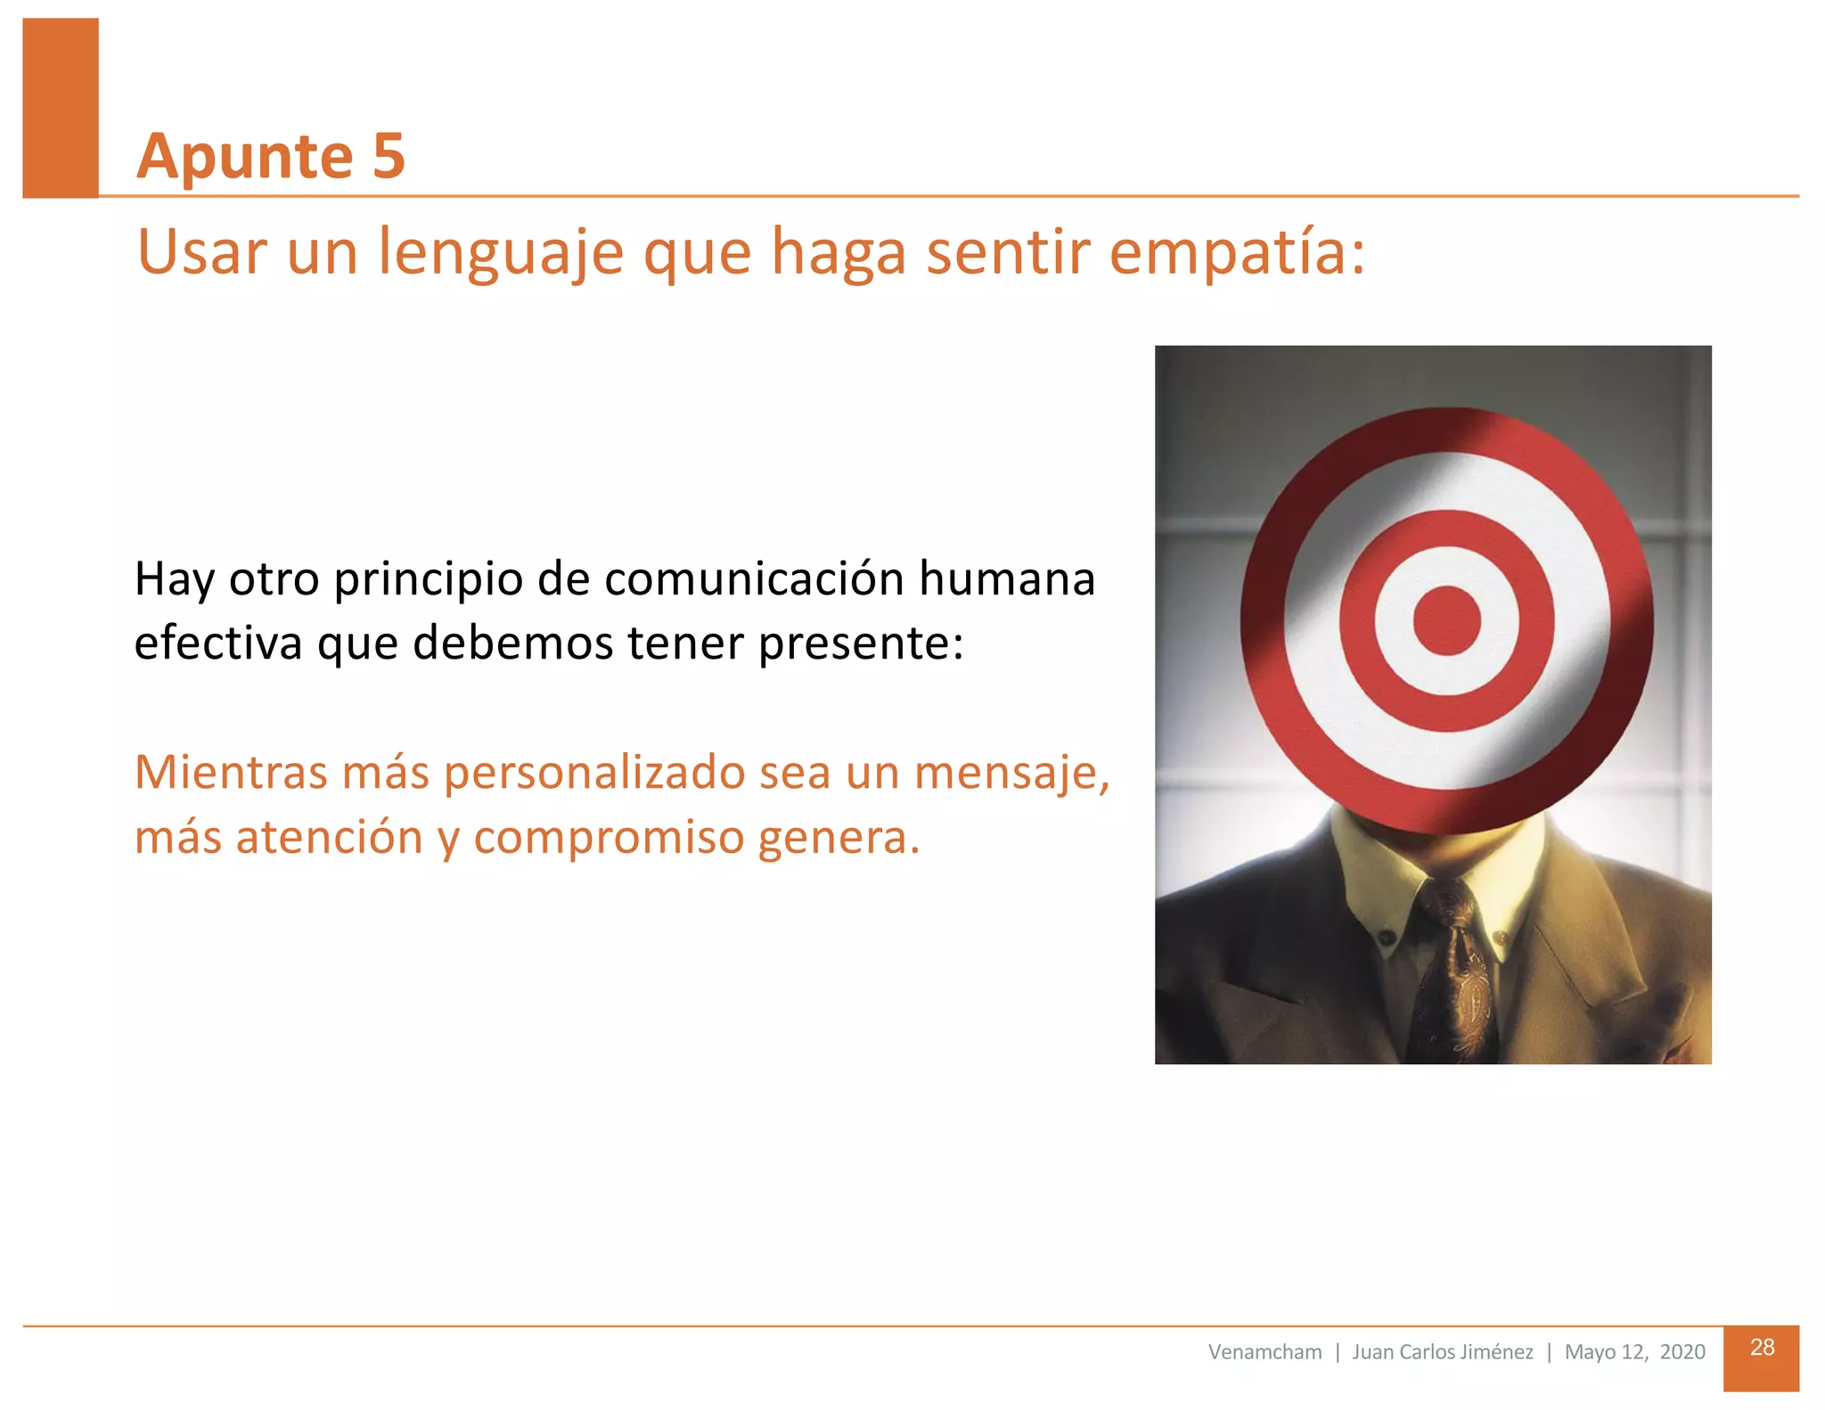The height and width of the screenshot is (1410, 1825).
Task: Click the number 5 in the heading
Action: click(389, 157)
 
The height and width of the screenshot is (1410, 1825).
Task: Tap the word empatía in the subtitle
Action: click(1236, 253)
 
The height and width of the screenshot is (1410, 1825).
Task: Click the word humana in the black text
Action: click(1006, 579)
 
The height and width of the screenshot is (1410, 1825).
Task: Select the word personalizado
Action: click(594, 774)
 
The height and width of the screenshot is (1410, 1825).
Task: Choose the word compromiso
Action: click(609, 839)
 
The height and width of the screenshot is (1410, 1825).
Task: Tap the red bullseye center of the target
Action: click(1446, 621)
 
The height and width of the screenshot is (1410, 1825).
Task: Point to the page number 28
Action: click(1761, 1348)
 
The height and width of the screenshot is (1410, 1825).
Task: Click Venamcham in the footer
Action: click(1264, 1352)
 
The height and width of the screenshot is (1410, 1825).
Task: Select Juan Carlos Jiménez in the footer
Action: click(1442, 1352)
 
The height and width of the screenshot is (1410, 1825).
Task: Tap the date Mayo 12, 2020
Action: click(1634, 1352)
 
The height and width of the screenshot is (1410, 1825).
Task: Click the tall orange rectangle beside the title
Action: click(61, 107)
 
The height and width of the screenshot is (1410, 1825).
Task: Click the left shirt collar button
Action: click(1386, 938)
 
